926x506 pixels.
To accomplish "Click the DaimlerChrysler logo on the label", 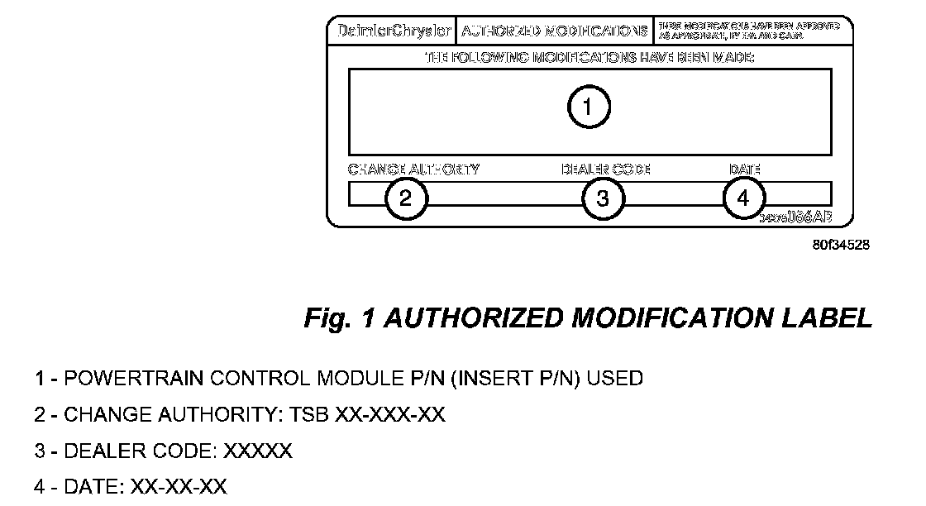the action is click(x=395, y=31).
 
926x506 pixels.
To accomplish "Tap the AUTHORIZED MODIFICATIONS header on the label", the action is click(x=554, y=31).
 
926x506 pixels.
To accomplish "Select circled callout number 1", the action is click(x=588, y=107).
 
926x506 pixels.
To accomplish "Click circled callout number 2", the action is click(x=405, y=198).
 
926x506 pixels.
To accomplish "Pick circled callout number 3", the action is click(x=604, y=198).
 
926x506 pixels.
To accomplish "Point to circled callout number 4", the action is click(x=743, y=198).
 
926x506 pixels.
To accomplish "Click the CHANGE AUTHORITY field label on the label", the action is click(x=413, y=169).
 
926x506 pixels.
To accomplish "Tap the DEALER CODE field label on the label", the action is click(x=605, y=169).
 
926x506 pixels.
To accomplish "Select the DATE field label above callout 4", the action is click(x=744, y=169).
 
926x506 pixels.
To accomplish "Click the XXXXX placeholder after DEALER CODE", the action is click(x=258, y=451).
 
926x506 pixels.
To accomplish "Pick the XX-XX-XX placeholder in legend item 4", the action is click(x=178, y=487).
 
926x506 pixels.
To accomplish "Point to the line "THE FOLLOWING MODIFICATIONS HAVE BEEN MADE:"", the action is click(x=589, y=58).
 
